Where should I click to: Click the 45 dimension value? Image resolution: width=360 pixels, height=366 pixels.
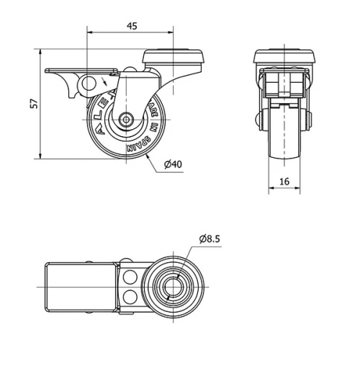(132, 26)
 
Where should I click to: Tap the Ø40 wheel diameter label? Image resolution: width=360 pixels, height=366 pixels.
(172, 165)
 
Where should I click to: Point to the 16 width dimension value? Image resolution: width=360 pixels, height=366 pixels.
(285, 182)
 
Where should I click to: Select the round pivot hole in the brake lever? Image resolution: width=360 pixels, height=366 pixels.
(90, 85)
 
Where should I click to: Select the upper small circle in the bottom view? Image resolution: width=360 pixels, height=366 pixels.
(131, 277)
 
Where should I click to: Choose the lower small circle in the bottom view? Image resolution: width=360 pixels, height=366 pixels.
(131, 297)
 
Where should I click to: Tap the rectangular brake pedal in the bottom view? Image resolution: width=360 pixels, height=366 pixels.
(79, 287)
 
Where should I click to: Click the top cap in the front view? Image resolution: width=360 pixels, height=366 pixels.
(286, 56)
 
